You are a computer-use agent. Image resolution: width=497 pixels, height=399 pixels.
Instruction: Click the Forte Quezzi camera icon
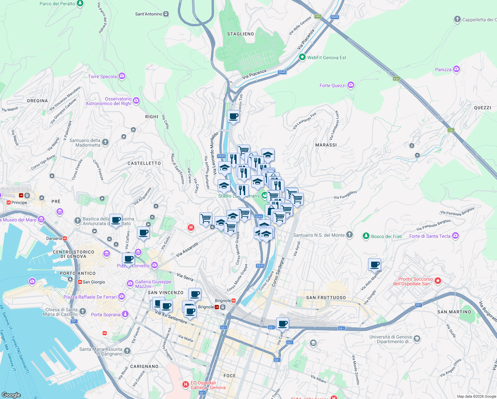pyautogui.click(x=351, y=85)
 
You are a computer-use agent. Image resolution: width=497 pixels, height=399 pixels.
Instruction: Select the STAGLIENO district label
pyautogui.click(x=240, y=34)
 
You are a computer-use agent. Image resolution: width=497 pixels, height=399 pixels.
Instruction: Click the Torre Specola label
pyautogui.click(x=102, y=76)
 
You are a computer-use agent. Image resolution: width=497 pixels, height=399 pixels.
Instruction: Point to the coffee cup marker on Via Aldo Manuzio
pyautogui.click(x=374, y=265)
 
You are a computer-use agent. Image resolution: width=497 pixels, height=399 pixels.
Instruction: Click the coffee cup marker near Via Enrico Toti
pyautogui.click(x=233, y=117)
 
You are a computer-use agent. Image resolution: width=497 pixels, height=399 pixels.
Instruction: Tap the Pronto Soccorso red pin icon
pyautogui.click(x=438, y=281)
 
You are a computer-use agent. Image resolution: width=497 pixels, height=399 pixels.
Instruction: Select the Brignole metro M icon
pyautogui.click(x=234, y=301)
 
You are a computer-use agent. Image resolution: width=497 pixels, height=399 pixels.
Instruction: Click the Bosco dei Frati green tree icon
pyautogui.click(x=366, y=236)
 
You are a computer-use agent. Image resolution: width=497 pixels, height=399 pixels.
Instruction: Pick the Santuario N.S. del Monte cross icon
pyautogui.click(x=349, y=235)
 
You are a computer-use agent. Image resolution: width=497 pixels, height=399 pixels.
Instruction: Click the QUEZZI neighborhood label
pyautogui.click(x=482, y=108)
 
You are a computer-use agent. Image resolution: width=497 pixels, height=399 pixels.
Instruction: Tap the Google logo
pyautogui.click(x=11, y=395)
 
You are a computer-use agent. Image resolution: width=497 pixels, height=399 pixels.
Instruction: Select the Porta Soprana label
pyautogui.click(x=105, y=315)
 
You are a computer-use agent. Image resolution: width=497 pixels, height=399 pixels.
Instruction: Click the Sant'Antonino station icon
pyautogui.click(x=166, y=14)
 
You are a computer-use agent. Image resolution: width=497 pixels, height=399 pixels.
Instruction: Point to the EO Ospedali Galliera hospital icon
pyautogui.click(x=186, y=385)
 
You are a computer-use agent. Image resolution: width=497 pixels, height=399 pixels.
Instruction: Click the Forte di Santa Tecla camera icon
pyautogui.click(x=455, y=236)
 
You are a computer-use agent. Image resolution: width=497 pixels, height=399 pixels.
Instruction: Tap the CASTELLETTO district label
pyautogui.click(x=144, y=163)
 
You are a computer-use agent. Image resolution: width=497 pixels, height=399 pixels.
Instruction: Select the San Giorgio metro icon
pyautogui.click(x=80, y=282)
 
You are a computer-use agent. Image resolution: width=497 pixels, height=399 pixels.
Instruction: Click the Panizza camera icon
pyautogui.click(x=456, y=69)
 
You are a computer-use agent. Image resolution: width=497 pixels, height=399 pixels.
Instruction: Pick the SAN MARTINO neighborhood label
pyautogui.click(x=454, y=312)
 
